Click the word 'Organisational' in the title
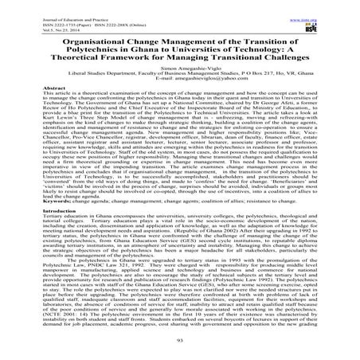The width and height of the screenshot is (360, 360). [80, 45]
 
